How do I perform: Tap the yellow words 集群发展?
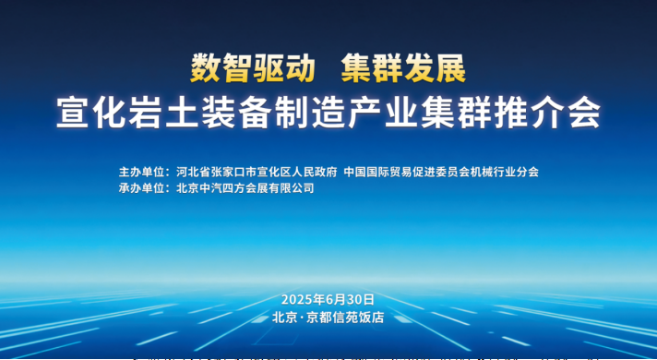click(x=403, y=68)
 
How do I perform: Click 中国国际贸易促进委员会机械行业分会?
click(x=441, y=172)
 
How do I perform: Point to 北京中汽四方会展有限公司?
click(x=245, y=187)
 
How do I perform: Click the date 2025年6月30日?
click(x=328, y=299)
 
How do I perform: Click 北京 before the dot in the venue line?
click(x=284, y=317)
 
